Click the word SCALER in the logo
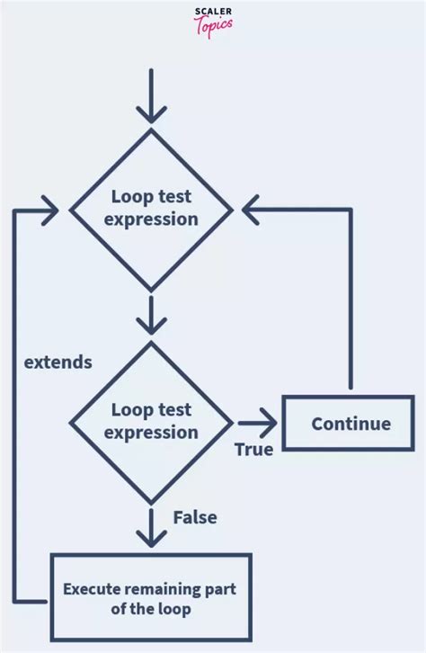point(213,12)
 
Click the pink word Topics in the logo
point(213,25)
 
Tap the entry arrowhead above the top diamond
point(151,112)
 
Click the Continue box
point(350,424)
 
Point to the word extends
point(58,362)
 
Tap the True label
point(253,449)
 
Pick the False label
point(195,517)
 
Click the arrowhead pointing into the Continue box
point(269,422)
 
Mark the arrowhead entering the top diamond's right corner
point(250,209)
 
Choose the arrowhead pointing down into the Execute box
point(151,537)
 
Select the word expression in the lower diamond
point(151,434)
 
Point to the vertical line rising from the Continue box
point(351,297)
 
